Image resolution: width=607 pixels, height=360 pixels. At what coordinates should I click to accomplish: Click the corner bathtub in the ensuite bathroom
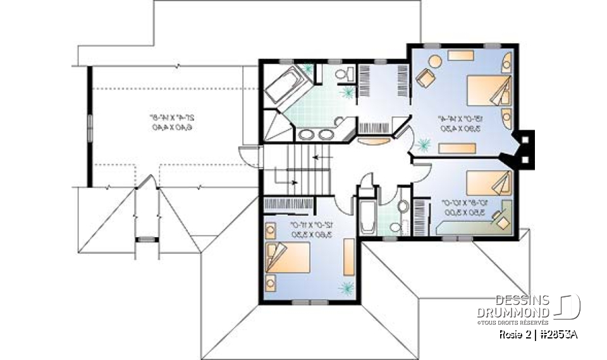(x=286, y=84)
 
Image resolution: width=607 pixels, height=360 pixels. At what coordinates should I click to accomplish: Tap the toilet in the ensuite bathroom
(x=343, y=75)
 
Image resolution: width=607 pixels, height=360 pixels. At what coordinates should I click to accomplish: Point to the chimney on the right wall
(x=524, y=149)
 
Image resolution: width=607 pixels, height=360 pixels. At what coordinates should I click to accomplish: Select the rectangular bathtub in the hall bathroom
(x=367, y=218)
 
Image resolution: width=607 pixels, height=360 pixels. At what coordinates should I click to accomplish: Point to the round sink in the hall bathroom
(x=395, y=226)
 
